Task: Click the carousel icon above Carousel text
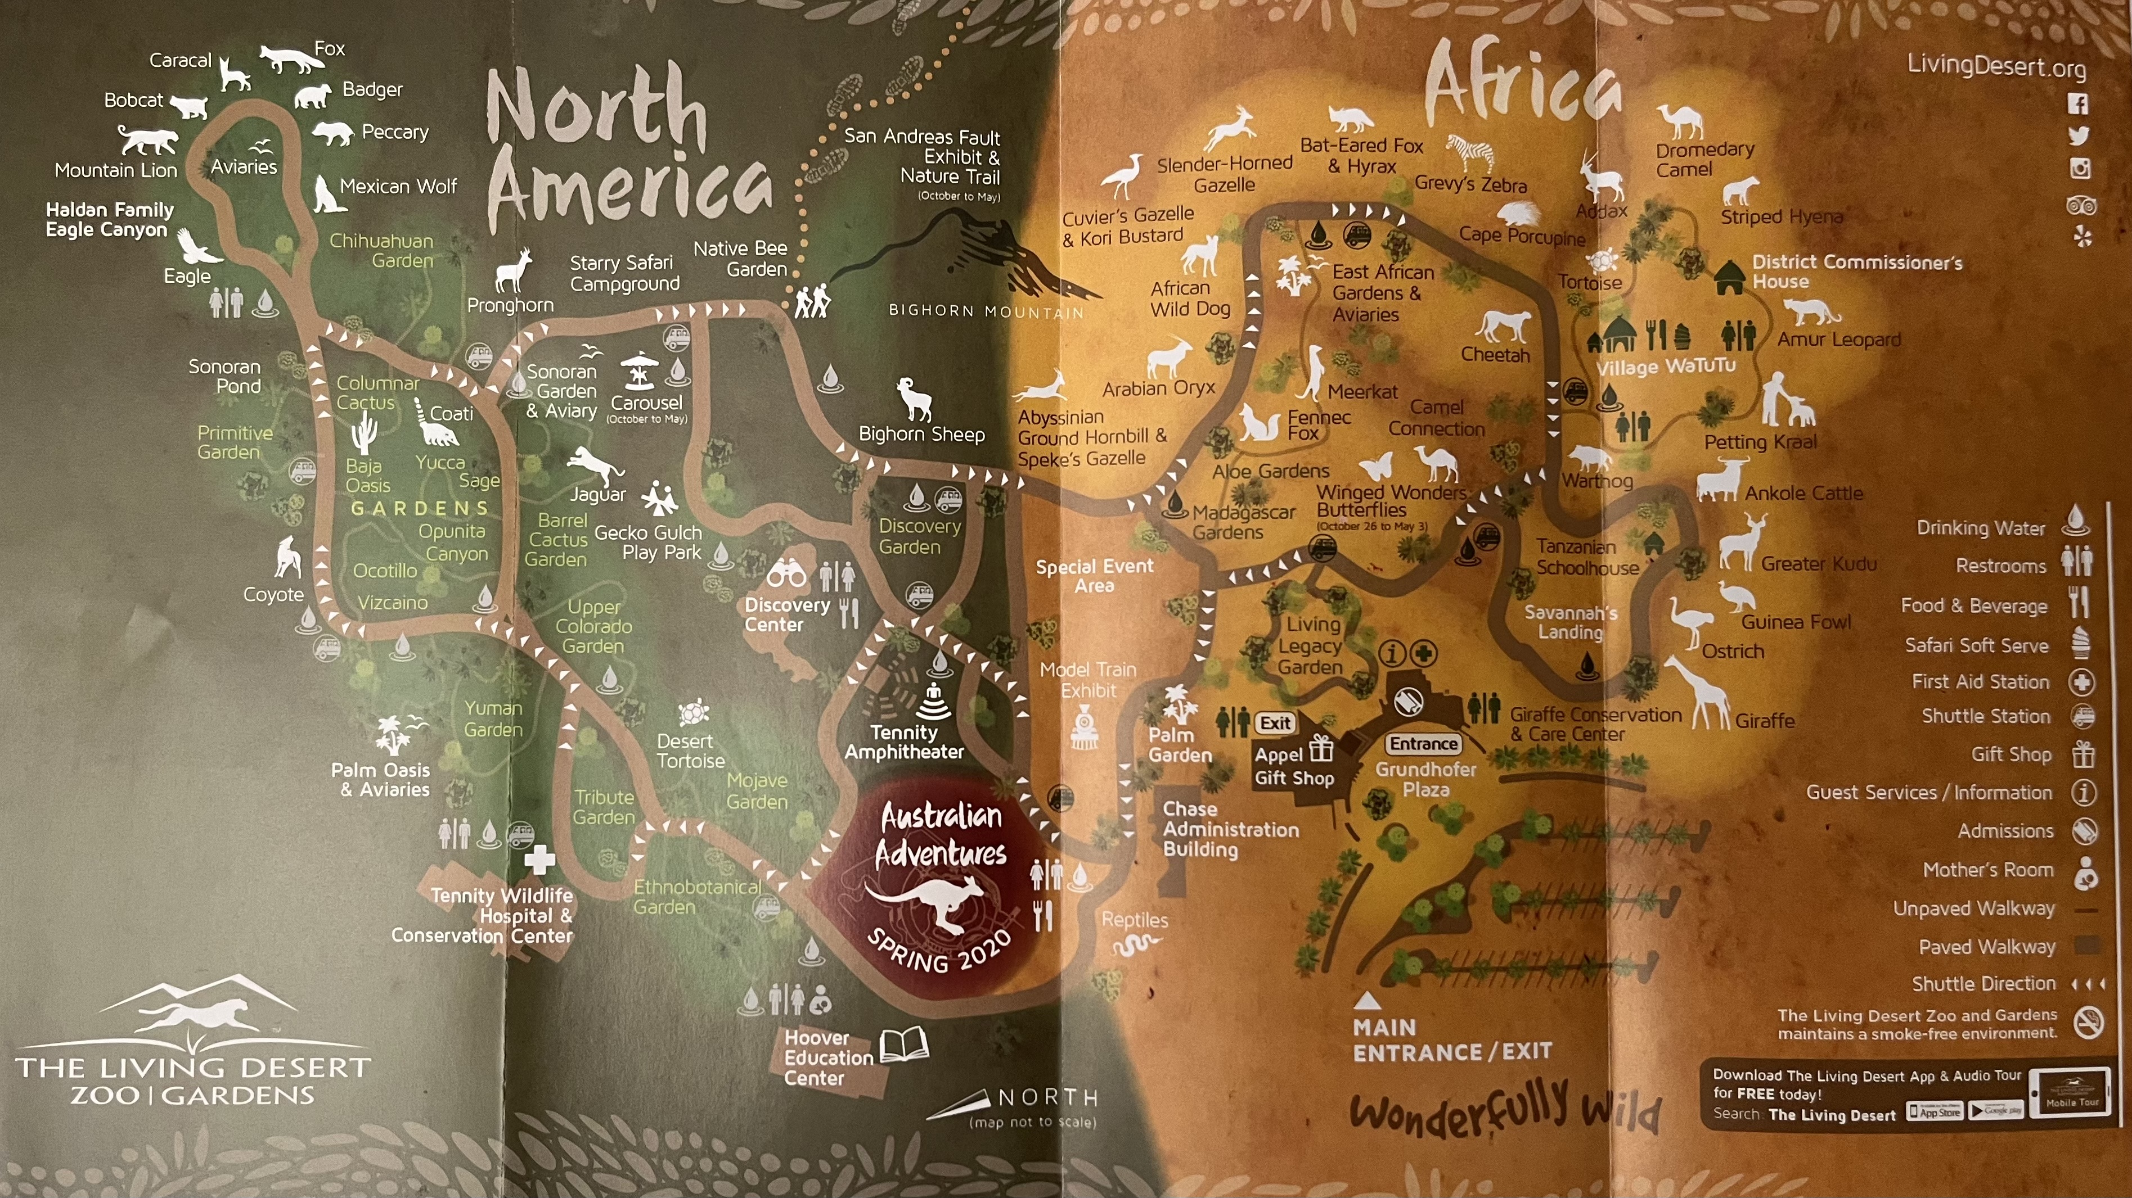(639, 370)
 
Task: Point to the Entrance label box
(1424, 743)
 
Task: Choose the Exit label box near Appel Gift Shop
(1275, 722)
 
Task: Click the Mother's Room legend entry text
(1988, 870)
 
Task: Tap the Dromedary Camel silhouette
(1680, 121)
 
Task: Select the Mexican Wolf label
(398, 186)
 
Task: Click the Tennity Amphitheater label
(904, 742)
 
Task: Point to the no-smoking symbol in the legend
(2088, 1023)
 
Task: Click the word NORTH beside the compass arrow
(1048, 1097)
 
